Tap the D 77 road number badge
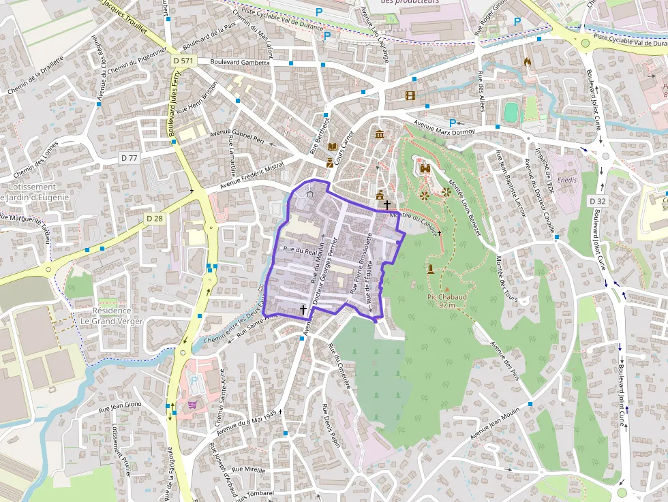tap(129, 158)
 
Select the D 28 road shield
tap(155, 218)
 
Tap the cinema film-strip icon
tap(410, 95)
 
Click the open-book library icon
tap(333, 146)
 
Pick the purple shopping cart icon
tap(193, 404)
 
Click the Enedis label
tap(566, 180)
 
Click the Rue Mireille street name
tap(248, 470)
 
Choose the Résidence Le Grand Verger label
tap(112, 316)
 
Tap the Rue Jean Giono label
tap(120, 407)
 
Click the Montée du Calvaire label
tap(413, 224)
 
